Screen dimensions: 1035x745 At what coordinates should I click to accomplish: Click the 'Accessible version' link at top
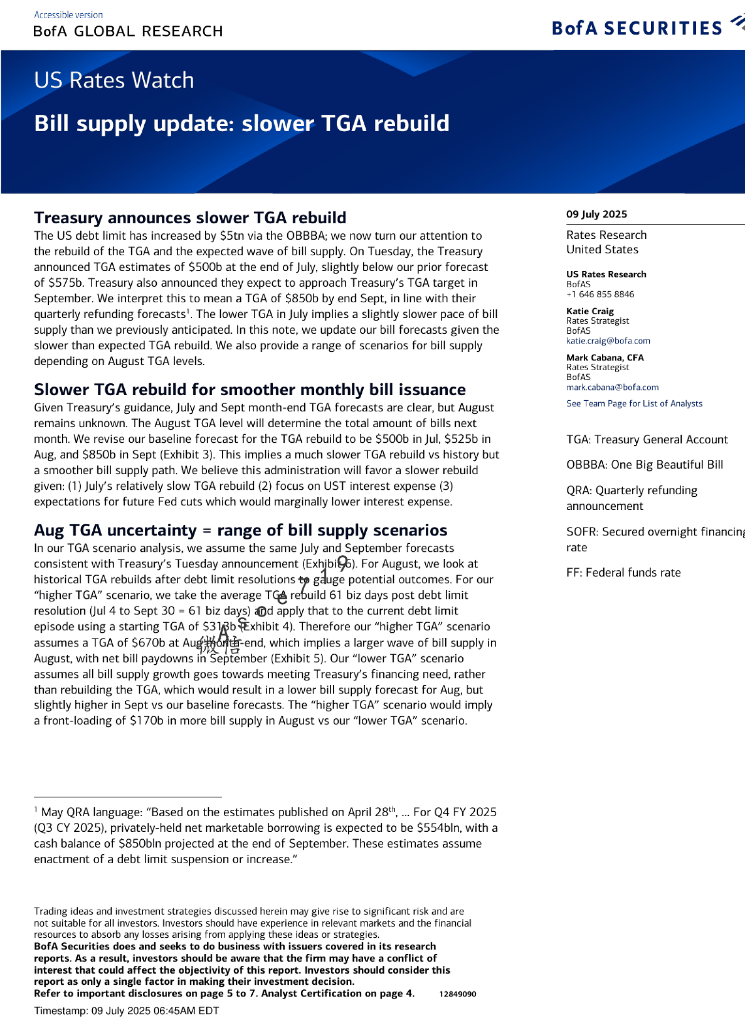coord(68,15)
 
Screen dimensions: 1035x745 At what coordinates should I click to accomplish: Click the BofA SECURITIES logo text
coord(637,28)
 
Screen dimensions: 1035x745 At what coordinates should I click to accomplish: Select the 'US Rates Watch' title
coord(114,80)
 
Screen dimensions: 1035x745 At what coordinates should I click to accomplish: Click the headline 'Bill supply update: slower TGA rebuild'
coord(241,124)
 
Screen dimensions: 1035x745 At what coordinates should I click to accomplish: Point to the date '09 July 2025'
coord(596,214)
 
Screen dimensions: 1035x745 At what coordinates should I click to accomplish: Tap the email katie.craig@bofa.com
coord(608,341)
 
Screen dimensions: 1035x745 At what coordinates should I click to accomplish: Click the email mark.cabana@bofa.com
coord(612,387)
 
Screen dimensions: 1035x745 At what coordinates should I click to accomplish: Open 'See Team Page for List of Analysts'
coord(634,403)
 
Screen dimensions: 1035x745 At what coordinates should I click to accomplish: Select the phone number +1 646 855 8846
coord(600,294)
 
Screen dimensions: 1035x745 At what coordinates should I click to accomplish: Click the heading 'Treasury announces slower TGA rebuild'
coord(190,218)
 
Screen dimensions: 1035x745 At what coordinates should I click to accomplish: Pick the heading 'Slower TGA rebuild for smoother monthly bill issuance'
coord(250,390)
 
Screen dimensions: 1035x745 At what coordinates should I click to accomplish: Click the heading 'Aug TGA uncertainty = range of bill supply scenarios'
coord(240,530)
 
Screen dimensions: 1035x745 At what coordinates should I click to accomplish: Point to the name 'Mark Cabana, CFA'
coord(605,358)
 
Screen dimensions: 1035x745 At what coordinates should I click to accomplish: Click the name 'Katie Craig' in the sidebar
coord(589,311)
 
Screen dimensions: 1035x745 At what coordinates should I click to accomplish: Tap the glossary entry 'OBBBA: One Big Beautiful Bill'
coord(645,465)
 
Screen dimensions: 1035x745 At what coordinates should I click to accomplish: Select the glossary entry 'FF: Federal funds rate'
coord(623,573)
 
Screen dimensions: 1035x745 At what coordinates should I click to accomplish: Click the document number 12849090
coord(458,994)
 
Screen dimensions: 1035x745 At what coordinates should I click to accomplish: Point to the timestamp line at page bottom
coord(127,1011)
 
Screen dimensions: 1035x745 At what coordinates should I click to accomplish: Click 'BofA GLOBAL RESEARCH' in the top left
coord(128,31)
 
